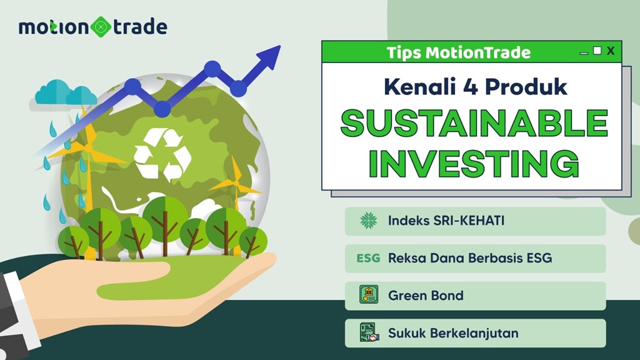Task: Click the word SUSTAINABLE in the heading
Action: [473, 124]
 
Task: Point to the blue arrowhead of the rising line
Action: [269, 57]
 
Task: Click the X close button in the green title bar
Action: [611, 51]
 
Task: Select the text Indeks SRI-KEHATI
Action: [437, 221]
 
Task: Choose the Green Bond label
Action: [426, 295]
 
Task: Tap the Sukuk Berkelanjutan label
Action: [453, 332]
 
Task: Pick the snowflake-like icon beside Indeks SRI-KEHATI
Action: [368, 221]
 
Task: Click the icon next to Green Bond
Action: [369, 295]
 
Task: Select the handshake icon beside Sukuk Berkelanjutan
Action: [369, 332]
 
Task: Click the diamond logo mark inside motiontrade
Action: [101, 27]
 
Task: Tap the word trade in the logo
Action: [139, 27]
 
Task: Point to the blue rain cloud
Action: [65, 94]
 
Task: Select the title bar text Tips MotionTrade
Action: [458, 52]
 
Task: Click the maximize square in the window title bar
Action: [597, 51]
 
